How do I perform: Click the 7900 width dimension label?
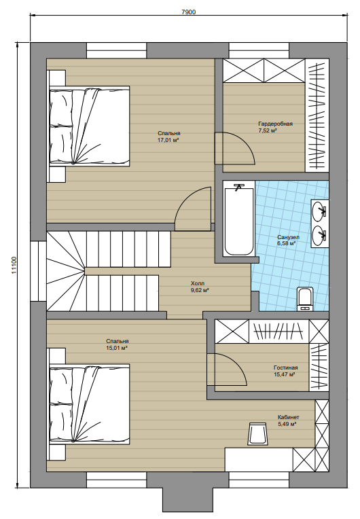point(189,12)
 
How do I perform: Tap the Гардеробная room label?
point(275,124)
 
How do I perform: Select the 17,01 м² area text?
point(168,140)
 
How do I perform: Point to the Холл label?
point(198,283)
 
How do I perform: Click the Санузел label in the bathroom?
point(288,237)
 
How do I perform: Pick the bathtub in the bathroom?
point(239,219)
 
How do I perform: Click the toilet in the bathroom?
point(305,299)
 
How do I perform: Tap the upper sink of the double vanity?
point(319,210)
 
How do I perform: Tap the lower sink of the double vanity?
point(319,235)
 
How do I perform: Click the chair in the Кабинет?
point(257,433)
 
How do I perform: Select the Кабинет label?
point(289,417)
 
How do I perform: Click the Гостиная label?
point(285,368)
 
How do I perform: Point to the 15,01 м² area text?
point(117,348)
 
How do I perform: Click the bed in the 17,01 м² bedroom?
point(90,126)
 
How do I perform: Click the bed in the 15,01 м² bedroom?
point(90,404)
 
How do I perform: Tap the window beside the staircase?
point(39,271)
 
